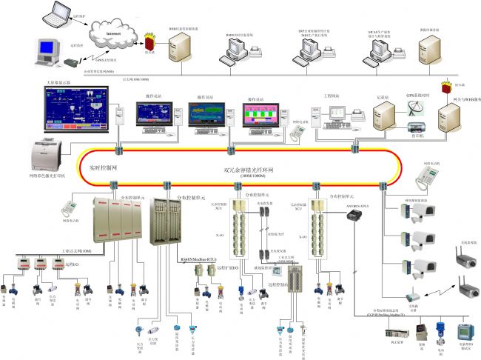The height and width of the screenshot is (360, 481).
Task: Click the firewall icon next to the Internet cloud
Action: (x=151, y=37)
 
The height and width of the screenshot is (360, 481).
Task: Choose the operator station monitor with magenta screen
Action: (x=260, y=117)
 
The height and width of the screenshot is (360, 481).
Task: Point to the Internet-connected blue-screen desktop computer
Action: (x=47, y=54)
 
